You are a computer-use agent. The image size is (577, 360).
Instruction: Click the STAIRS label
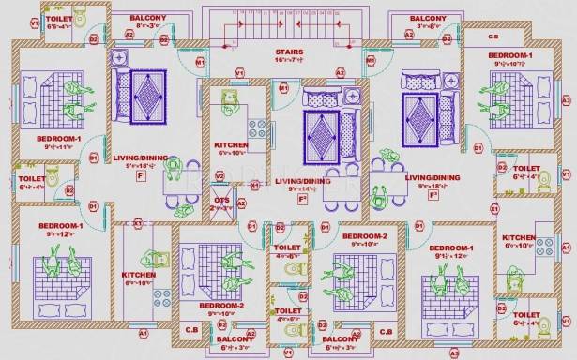(287, 51)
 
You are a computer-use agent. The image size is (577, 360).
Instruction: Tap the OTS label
(220, 199)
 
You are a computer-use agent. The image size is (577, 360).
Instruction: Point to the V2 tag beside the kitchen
(220, 175)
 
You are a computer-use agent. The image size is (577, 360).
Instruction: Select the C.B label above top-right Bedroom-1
(493, 37)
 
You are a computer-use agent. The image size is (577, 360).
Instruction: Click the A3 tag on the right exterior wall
(565, 99)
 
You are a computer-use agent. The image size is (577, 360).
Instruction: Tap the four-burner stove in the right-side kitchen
(544, 246)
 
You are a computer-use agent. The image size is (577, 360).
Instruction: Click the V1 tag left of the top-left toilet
(34, 22)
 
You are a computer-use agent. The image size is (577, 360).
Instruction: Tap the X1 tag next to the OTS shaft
(253, 186)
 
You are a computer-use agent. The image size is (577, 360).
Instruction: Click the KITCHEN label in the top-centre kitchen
(230, 145)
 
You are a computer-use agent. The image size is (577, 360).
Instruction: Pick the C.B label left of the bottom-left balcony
(190, 330)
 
